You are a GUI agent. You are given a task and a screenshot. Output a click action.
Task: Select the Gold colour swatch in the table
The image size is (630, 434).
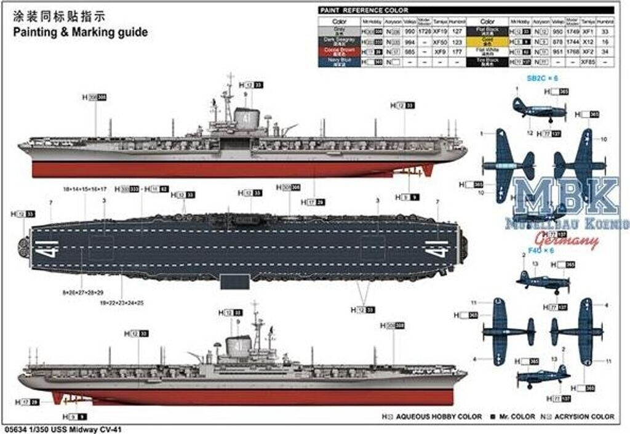[x=487, y=41]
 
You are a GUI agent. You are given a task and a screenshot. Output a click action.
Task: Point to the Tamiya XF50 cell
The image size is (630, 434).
[x=439, y=41]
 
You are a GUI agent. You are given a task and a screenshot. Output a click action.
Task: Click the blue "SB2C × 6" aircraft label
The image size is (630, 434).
[x=541, y=79]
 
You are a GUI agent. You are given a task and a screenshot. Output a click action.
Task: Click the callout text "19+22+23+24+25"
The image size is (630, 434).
[x=123, y=303]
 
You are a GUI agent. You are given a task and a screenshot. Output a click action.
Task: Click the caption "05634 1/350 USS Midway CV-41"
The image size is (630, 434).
[x=60, y=429]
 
